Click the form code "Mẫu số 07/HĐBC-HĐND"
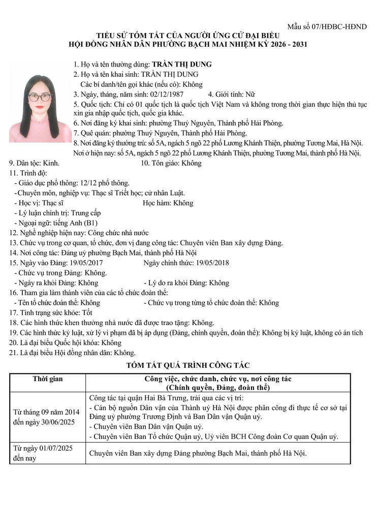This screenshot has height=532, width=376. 327,26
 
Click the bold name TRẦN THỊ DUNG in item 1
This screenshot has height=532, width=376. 181,65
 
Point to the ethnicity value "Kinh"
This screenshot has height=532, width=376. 51,163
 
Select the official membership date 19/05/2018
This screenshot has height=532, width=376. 212,263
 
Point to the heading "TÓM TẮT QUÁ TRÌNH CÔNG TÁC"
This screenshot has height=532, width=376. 187,365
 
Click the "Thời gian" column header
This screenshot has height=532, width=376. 48,379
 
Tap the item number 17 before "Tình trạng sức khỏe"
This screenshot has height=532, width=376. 13,312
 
